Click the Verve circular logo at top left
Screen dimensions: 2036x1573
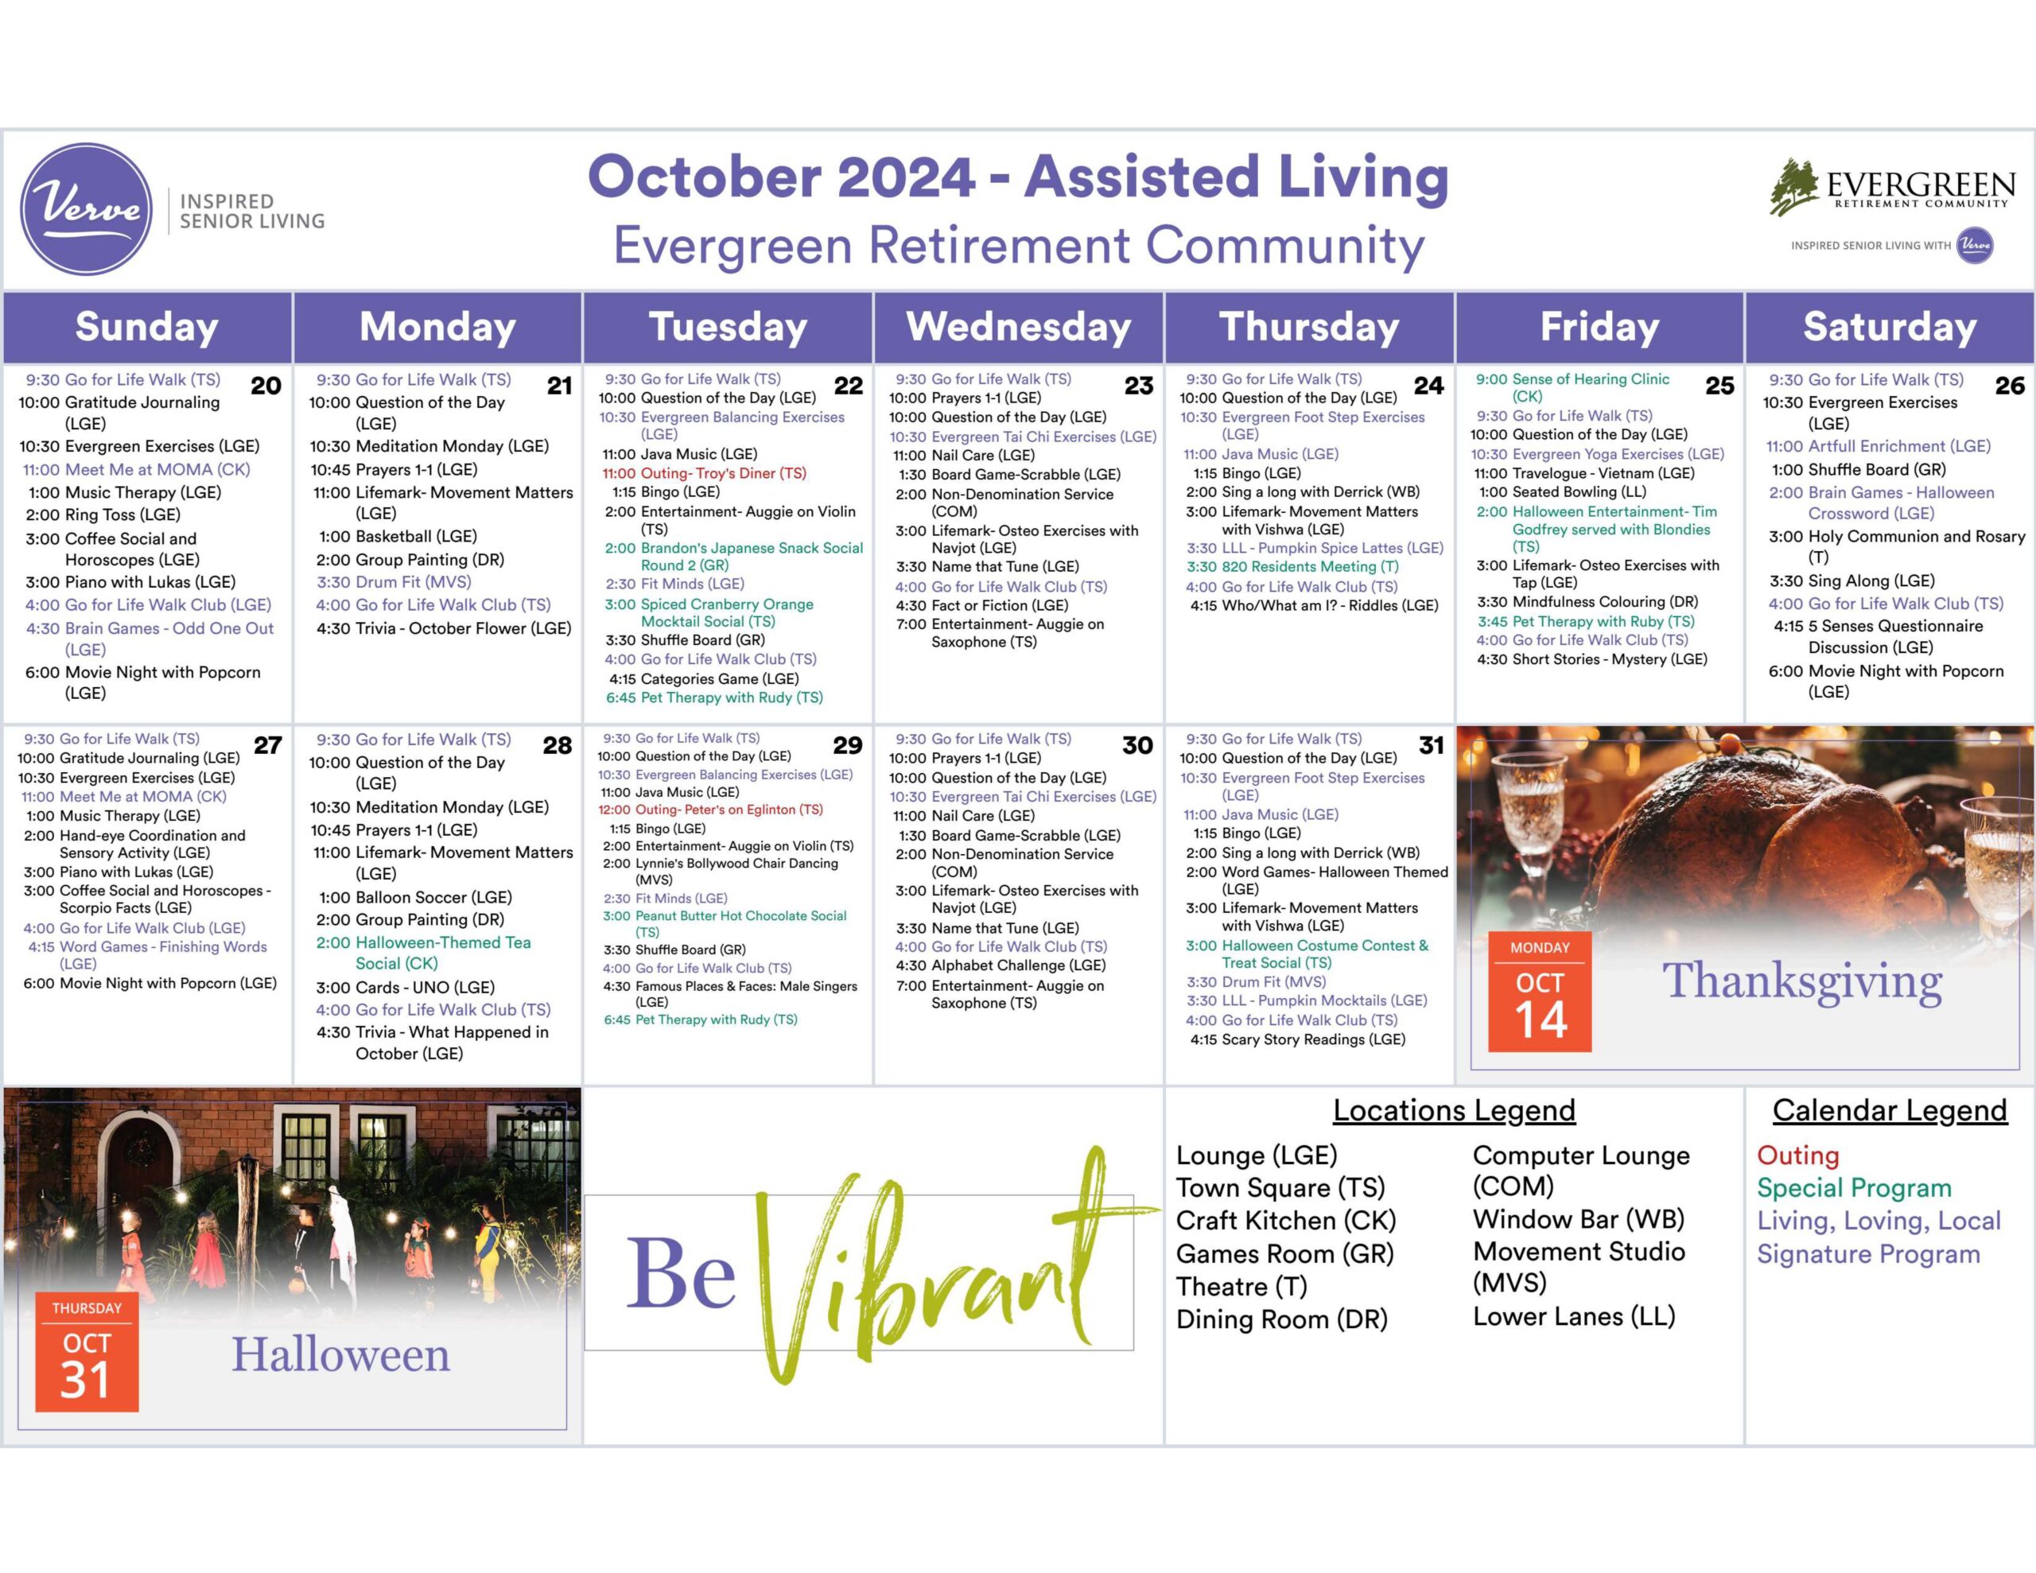[87, 209]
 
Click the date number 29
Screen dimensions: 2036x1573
[847, 745]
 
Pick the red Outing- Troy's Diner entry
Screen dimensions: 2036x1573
[705, 472]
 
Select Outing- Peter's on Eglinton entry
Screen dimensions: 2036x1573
[710, 810]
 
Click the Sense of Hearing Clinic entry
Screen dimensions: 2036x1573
[1572, 387]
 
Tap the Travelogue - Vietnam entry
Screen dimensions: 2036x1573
[1584, 472]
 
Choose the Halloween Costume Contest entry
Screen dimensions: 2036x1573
[1307, 954]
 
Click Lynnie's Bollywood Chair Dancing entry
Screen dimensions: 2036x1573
[721, 871]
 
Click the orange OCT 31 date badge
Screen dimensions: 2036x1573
[87, 1351]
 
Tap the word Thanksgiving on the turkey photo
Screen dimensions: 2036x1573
[1802, 983]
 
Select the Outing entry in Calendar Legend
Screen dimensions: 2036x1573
[1797, 1155]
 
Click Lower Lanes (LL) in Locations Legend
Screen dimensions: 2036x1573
[1575, 1317]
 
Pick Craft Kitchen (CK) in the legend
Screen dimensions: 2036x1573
[1285, 1221]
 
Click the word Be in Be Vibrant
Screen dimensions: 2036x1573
[681, 1274]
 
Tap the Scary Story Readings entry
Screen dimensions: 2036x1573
[1298, 1039]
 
